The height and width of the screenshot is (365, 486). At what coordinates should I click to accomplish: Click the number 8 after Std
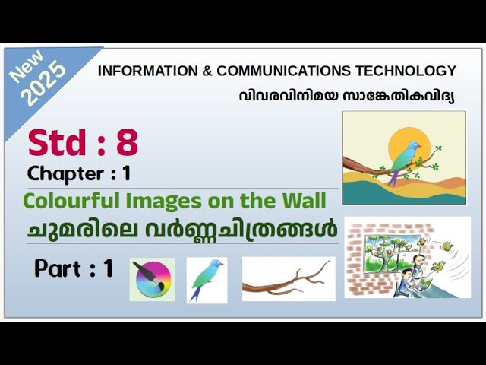pos(127,143)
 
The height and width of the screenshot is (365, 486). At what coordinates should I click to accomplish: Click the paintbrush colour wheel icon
pos(151,279)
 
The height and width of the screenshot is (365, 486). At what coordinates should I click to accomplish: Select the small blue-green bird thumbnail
pos(207,280)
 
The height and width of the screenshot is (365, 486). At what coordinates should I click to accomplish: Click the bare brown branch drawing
pos(289,279)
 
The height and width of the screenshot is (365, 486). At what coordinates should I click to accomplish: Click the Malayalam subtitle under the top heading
pos(346,96)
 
